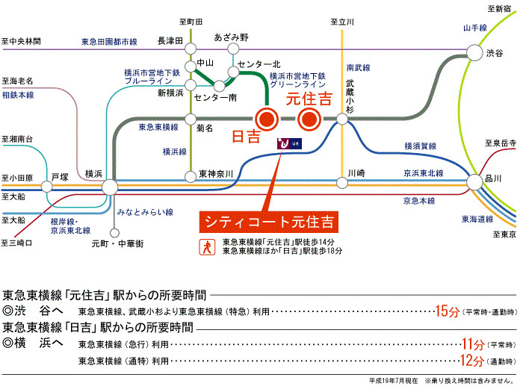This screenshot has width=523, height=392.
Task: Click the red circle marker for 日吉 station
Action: point(267,119)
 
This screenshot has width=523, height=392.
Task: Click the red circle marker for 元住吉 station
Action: point(309,119)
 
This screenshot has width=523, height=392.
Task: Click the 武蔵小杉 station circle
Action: point(342,119)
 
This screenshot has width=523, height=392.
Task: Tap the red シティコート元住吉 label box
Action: point(269,222)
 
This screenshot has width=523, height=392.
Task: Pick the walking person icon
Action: point(205,246)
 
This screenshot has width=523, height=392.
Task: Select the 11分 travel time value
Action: point(471,344)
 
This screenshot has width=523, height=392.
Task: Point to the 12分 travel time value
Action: point(471,361)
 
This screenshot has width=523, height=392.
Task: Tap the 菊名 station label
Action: point(204,128)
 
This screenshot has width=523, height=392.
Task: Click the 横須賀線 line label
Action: point(420,146)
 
